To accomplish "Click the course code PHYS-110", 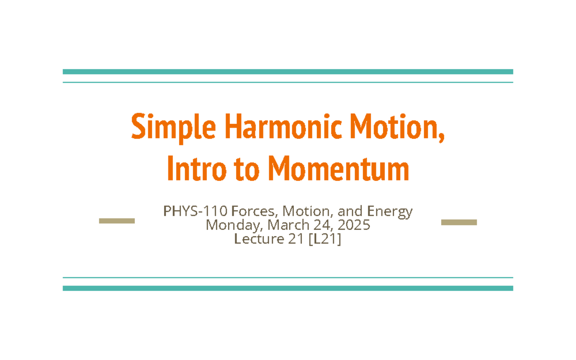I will click(195, 211).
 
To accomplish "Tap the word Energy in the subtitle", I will click(389, 212).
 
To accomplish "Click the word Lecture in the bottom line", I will click(257, 239).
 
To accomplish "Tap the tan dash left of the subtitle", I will click(117, 221).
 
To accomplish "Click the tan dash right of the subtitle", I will click(459, 222).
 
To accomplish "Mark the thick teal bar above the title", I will click(288, 72).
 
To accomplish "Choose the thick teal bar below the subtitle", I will click(288, 288).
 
